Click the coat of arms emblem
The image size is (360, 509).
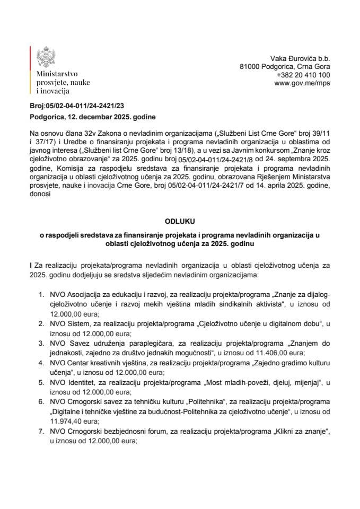pos(44,57)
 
